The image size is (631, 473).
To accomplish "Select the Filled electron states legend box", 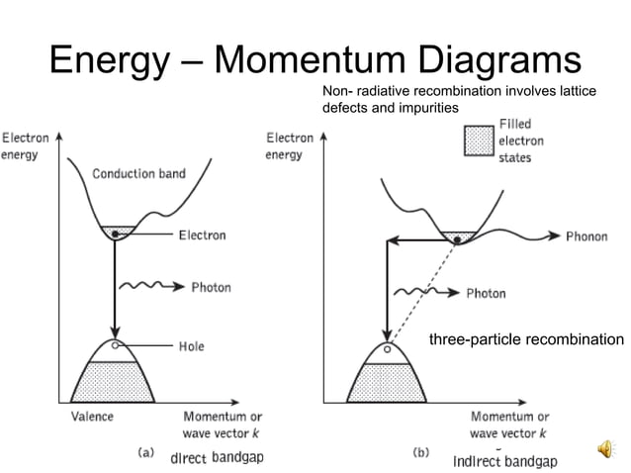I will click(479, 142).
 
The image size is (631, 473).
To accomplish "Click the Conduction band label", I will click(138, 173).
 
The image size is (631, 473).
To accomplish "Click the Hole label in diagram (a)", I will click(191, 347).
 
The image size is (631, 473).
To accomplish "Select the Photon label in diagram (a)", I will click(211, 287).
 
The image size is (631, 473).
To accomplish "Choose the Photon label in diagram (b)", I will click(486, 293).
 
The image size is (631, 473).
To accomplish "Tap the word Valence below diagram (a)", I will click(92, 417).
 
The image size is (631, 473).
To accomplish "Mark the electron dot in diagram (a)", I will click(116, 234).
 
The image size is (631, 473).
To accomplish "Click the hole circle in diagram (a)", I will click(117, 345).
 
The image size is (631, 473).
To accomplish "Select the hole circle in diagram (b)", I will click(387, 349).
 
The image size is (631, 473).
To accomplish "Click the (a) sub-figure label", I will click(144, 452).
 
